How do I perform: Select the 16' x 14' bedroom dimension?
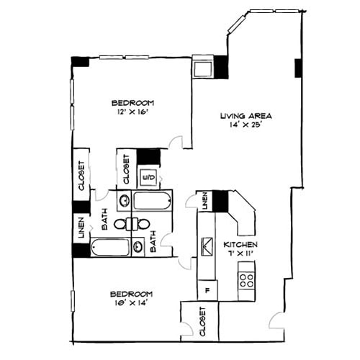pos(131,304)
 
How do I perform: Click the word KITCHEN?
pos(240,245)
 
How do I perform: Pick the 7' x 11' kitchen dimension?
pos(240,254)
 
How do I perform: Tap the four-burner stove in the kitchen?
pos(247,279)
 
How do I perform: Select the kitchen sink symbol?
pos(207,246)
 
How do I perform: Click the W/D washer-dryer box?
pos(150,176)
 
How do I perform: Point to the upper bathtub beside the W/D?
pos(152,201)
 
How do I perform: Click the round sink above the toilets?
pos(123,201)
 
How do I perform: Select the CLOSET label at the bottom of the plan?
pos(202,323)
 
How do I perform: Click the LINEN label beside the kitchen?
pos(205,202)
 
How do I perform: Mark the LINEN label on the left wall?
pos(81,228)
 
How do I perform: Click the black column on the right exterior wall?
pos(298,68)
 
